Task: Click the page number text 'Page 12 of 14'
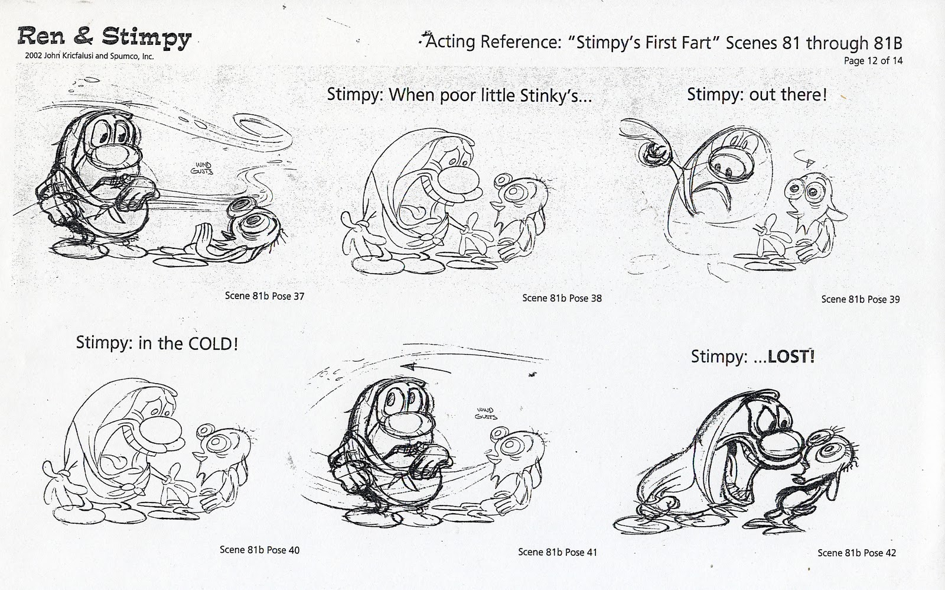coord(873,60)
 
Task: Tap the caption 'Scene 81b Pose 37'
coord(264,296)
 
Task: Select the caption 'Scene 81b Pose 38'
coord(562,298)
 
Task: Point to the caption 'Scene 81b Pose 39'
coord(860,299)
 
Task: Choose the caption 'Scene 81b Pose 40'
coord(259,550)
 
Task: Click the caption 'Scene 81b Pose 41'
coord(557,552)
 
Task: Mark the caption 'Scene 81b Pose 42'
coord(856,553)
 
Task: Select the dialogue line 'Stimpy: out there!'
coord(757,95)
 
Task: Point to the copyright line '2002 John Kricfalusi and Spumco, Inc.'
coord(86,57)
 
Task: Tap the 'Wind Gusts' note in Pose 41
coord(487,413)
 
